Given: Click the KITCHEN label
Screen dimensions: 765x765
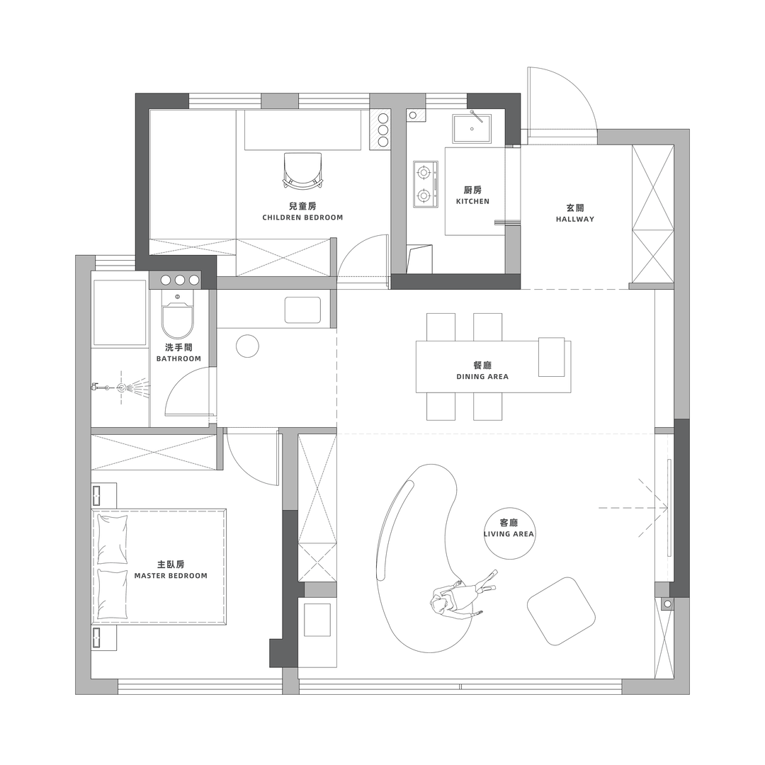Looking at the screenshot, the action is click(x=472, y=201).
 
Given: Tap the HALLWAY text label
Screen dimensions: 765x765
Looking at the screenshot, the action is click(x=574, y=219).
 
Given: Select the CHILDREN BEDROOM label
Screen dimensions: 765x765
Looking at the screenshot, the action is click(x=302, y=217).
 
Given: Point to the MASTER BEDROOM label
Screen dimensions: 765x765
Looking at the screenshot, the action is click(x=171, y=576).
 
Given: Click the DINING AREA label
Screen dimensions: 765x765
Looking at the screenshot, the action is click(x=482, y=377).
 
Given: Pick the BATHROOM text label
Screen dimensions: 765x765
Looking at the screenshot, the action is click(x=178, y=358).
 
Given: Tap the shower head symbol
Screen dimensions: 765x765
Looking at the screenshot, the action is click(x=122, y=388).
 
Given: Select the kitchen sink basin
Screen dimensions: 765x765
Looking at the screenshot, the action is click(x=472, y=129).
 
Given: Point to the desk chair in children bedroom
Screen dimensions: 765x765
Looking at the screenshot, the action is click(x=302, y=171).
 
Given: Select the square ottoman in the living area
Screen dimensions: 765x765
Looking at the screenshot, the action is click(x=561, y=611).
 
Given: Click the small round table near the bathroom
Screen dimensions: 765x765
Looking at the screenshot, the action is click(x=247, y=346).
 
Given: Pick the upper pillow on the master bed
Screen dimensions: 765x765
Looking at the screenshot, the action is click(x=113, y=539).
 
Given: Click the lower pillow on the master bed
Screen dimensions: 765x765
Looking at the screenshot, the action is click(x=113, y=594).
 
